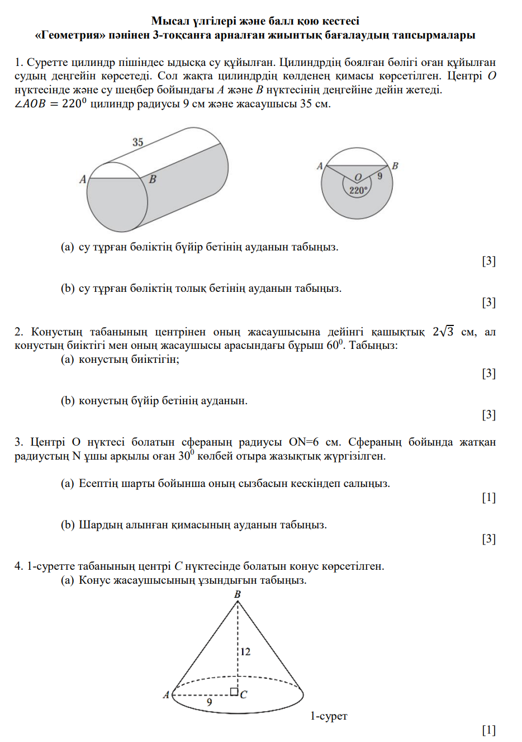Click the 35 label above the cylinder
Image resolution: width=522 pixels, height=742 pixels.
pyautogui.click(x=137, y=142)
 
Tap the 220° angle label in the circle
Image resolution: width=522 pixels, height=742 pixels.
pyautogui.click(x=358, y=190)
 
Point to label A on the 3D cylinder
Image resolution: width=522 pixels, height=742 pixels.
pyautogui.click(x=83, y=179)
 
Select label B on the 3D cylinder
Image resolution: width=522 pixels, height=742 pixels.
pyautogui.click(x=153, y=179)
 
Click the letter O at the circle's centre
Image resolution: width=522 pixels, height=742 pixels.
pyautogui.click(x=358, y=177)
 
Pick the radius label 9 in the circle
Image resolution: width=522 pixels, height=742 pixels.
pyautogui.click(x=380, y=176)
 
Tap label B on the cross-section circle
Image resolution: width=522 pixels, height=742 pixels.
pyautogui.click(x=395, y=166)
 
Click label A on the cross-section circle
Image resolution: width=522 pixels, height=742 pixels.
pyautogui.click(x=320, y=166)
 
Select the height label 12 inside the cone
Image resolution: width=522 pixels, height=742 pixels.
pyautogui.click(x=245, y=651)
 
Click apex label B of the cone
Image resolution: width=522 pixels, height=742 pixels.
pyautogui.click(x=238, y=594)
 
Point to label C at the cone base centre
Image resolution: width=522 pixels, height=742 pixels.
pyautogui.click(x=244, y=695)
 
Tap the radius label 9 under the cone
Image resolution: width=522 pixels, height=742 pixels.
pyautogui.click(x=210, y=702)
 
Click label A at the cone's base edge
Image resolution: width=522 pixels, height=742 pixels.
pyautogui.click(x=166, y=695)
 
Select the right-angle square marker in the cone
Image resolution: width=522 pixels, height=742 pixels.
pyautogui.click(x=234, y=691)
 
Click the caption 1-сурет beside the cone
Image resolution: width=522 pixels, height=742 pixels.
pyautogui.click(x=329, y=716)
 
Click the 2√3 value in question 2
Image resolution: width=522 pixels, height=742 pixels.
pyautogui.click(x=443, y=332)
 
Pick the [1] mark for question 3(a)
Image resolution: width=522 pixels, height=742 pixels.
pyautogui.click(x=488, y=497)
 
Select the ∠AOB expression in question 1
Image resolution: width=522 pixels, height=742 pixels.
pyautogui.click(x=30, y=104)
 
